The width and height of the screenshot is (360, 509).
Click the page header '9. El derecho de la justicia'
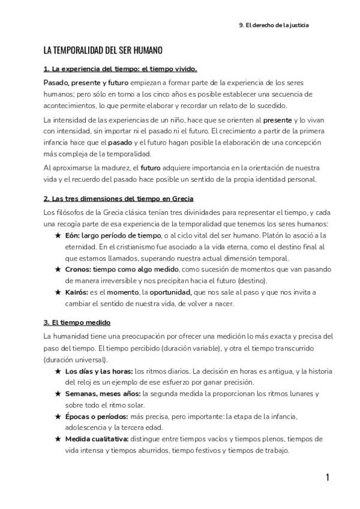pyautogui.click(x=274, y=25)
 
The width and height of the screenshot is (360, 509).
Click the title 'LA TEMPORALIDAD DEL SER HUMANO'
pyautogui.click(x=103, y=50)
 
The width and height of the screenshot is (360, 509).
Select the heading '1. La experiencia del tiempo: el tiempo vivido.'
pyautogui.click(x=120, y=69)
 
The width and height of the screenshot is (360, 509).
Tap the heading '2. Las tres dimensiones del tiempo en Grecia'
pyautogui.click(x=118, y=198)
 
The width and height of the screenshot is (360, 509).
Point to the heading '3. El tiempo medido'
pyautogui.click(x=76, y=322)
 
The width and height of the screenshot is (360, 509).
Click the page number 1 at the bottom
pyautogui.click(x=328, y=478)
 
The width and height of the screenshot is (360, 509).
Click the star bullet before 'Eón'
pyautogui.click(x=58, y=236)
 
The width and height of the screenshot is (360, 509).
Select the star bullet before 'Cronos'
pyautogui.click(x=58, y=270)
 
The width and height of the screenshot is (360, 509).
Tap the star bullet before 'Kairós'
pyautogui.click(x=58, y=292)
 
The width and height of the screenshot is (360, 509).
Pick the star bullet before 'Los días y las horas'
pyautogui.click(x=58, y=372)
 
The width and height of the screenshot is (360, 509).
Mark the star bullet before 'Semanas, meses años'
pyautogui.click(x=58, y=394)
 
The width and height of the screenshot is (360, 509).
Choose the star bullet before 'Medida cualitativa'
pyautogui.click(x=58, y=439)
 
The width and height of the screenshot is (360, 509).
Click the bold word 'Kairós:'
pyautogui.click(x=77, y=292)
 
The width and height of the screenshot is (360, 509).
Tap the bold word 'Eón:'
pyautogui.click(x=73, y=236)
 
